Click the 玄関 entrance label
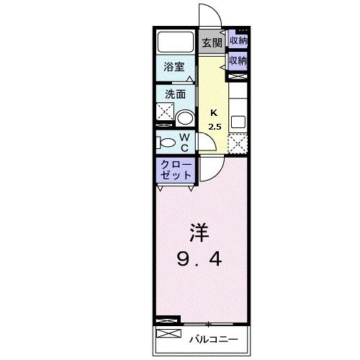click(212, 42)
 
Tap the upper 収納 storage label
click(238, 40)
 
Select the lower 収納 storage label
click(238, 61)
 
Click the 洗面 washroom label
click(175, 94)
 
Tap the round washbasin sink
click(186, 120)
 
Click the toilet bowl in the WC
click(165, 142)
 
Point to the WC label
click(184, 142)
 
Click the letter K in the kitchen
click(214, 112)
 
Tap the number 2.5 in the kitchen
click(215, 127)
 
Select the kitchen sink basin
click(238, 121)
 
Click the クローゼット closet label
click(175, 171)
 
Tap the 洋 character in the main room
click(199, 233)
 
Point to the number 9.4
click(199, 258)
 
